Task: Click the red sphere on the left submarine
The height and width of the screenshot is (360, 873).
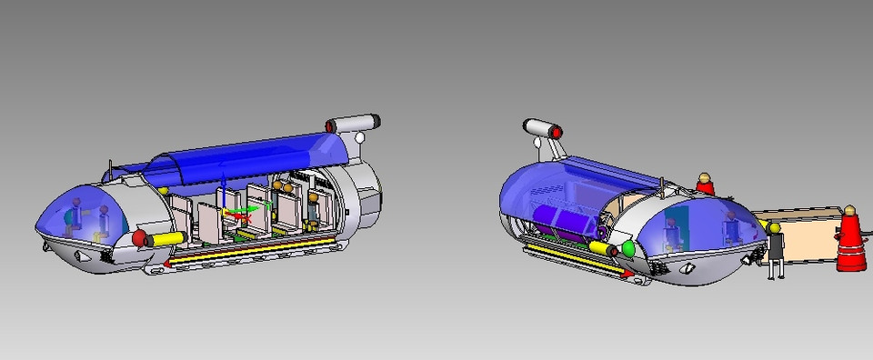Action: click(x=139, y=238)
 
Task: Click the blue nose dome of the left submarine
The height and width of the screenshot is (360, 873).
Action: click(x=77, y=214)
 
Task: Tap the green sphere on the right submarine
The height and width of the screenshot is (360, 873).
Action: click(x=627, y=249)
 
